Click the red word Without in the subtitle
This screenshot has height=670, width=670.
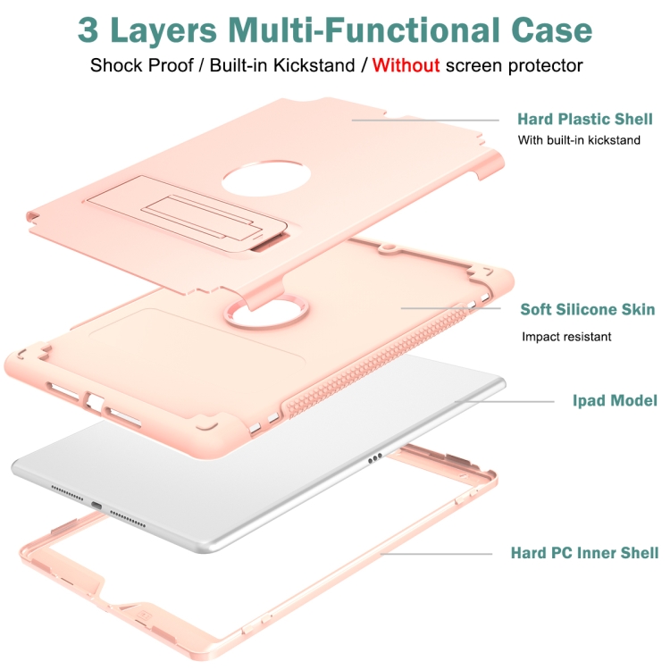tap(406, 65)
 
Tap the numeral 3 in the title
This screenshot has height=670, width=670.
tap(89, 29)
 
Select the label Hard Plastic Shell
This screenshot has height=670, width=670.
tap(585, 119)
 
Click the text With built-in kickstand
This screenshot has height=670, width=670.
tap(579, 140)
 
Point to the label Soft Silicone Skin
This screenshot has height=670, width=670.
tap(588, 310)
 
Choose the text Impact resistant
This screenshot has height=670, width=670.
tap(567, 337)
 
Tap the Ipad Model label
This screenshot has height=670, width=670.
tap(615, 401)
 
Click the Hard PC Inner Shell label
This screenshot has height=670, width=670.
tap(584, 553)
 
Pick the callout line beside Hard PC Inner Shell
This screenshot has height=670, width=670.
tap(438, 554)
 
